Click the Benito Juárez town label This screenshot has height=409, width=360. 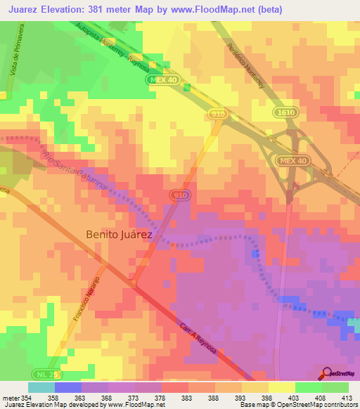click(x=119, y=235)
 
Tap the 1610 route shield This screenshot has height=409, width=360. click(x=284, y=112)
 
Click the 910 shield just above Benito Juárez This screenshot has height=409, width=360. click(x=179, y=195)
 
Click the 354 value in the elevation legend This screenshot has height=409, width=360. click(x=27, y=398)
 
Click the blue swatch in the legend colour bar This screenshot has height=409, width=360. click(x=68, y=387)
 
